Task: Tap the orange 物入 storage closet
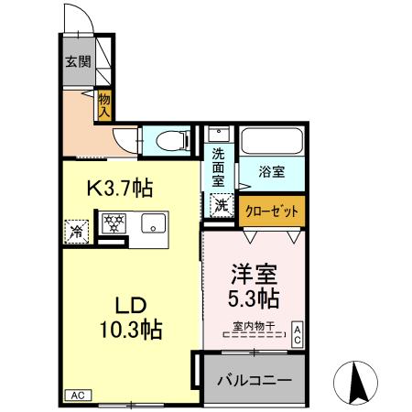(x=104, y=103)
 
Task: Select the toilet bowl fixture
(x=170, y=139)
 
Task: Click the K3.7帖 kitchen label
(x=119, y=189)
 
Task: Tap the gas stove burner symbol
(x=114, y=223)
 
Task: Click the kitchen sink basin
(x=153, y=223)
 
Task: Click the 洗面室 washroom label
(x=219, y=167)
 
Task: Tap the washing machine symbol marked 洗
(x=222, y=206)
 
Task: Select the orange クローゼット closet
(x=273, y=210)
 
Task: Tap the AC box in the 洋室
(x=298, y=334)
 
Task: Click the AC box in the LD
(x=78, y=396)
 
